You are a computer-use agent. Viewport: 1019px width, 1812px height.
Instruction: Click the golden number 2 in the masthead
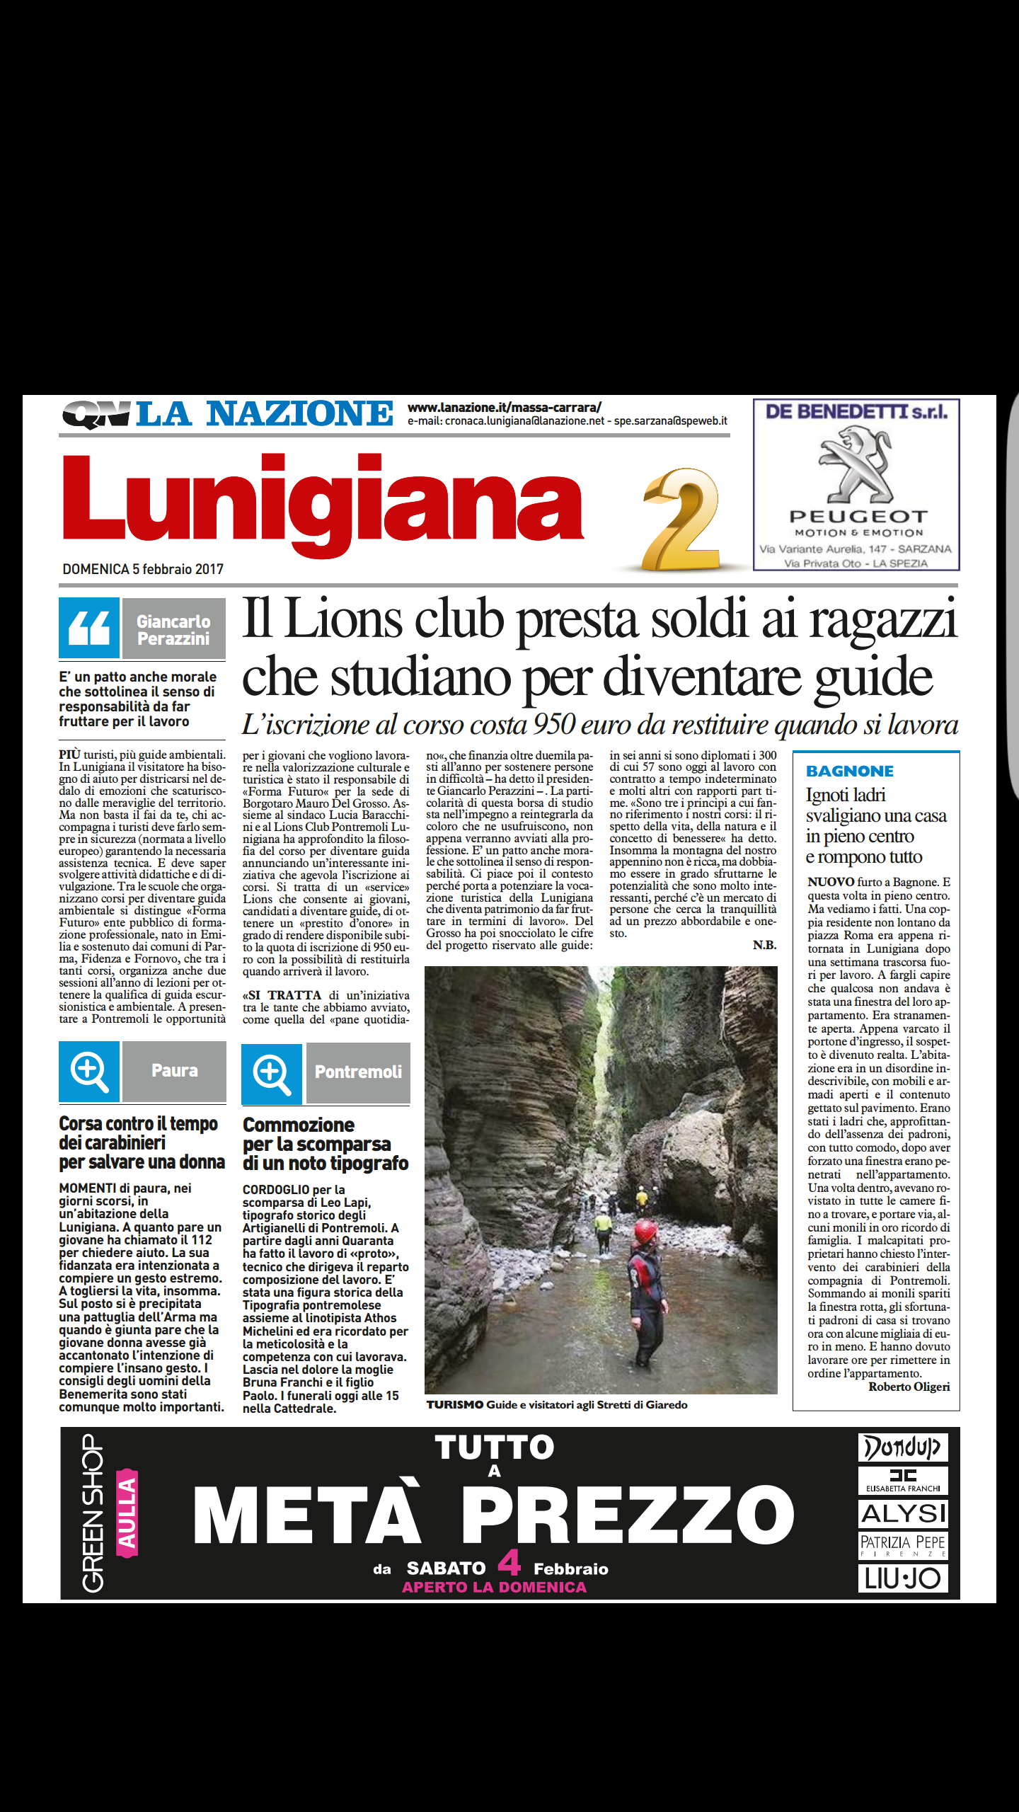[x=681, y=520]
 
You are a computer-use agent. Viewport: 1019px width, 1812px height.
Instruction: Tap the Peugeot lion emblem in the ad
[x=856, y=464]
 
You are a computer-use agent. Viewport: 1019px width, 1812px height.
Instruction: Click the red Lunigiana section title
[x=323, y=504]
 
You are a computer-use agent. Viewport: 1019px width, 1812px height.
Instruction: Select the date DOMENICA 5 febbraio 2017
[x=143, y=569]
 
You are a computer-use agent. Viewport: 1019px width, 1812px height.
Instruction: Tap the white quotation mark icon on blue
[x=89, y=628]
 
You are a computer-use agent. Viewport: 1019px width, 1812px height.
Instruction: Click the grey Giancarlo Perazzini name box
[x=173, y=629]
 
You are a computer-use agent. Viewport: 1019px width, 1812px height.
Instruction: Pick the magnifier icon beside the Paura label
[x=89, y=1072]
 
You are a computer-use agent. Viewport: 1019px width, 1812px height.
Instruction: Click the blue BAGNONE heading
[x=850, y=771]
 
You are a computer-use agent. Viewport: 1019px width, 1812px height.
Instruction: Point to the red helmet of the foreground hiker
[x=645, y=1232]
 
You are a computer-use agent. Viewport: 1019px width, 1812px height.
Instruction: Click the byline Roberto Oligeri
[x=909, y=1387]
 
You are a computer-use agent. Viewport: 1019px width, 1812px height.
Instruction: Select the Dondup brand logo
[x=902, y=1447]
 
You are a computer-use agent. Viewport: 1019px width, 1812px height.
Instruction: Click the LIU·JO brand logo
[x=902, y=1578]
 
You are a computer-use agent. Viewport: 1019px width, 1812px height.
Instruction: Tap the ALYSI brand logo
[x=903, y=1514]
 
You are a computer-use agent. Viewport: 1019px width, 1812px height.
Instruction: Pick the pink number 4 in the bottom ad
[x=509, y=1562]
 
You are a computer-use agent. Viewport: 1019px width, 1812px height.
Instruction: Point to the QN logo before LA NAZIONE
[x=97, y=414]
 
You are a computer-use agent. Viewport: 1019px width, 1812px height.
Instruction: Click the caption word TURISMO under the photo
[x=455, y=1404]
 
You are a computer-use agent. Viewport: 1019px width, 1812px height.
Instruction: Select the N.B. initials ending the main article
[x=764, y=945]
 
